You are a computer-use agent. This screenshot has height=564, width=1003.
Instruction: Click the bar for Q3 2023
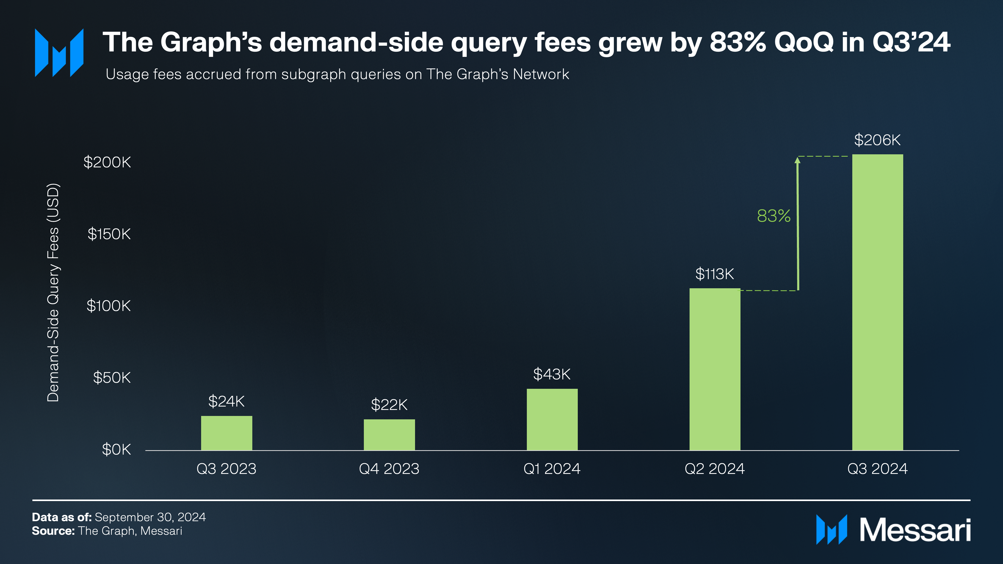pos(227,433)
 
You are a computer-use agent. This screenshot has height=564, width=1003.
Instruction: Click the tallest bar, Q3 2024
pos(878,302)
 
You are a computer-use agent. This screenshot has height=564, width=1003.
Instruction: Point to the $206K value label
pos(877,140)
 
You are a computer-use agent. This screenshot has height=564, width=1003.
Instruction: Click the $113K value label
pos(714,274)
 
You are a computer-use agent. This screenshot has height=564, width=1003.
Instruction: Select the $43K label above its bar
pos(552,374)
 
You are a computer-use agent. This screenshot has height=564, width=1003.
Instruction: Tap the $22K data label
pos(389,405)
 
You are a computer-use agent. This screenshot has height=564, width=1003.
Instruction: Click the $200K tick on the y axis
pos(107,162)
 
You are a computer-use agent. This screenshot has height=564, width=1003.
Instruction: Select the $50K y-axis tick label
pos(112,378)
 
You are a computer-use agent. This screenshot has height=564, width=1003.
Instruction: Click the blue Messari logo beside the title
pos(59,52)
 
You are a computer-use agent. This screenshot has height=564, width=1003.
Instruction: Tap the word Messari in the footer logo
pos(915,530)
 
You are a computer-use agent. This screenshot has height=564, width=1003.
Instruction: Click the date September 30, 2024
pos(150,517)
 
